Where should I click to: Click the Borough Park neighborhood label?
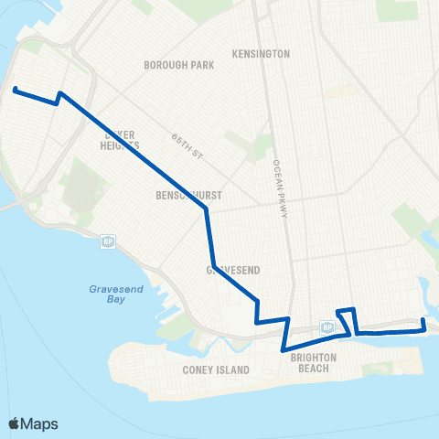[178, 66]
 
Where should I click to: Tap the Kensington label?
[262, 54]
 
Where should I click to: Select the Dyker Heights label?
[121, 138]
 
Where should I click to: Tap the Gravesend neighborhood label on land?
[230, 270]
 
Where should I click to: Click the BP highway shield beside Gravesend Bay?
[107, 241]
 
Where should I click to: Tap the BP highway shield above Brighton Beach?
[327, 327]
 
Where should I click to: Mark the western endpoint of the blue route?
[15, 89]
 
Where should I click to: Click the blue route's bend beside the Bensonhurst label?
[207, 209]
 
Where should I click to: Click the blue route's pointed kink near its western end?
[59, 93]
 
